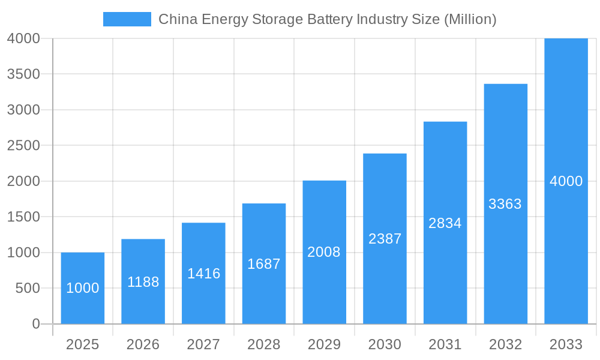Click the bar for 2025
(x=83, y=288)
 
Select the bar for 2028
(x=264, y=263)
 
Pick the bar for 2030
(x=385, y=239)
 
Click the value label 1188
(x=143, y=282)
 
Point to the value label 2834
(x=445, y=223)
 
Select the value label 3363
(x=505, y=204)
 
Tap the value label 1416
(x=203, y=274)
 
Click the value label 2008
(x=324, y=252)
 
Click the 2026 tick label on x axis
(x=143, y=344)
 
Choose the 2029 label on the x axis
(x=324, y=344)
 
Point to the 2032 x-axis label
(x=505, y=344)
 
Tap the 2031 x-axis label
(x=445, y=344)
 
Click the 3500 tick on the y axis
(x=23, y=74)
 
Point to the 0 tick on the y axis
(x=35, y=324)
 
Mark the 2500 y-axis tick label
(x=23, y=145)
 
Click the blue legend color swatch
(x=127, y=19)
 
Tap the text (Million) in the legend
(x=470, y=19)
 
